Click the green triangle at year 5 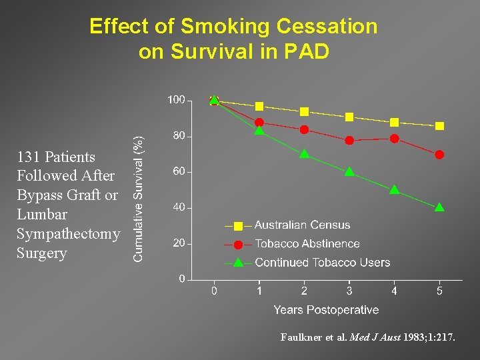point(439,207)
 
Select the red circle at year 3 point(349,140)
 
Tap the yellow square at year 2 point(304,111)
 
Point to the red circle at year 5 point(439,155)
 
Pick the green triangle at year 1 point(259,130)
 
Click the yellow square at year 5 point(439,126)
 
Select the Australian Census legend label point(302,225)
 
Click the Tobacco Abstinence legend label point(307,244)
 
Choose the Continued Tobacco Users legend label point(322,263)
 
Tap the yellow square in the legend point(238,226)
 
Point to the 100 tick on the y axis point(176,100)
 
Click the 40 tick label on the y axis point(179,207)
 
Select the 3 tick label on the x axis point(349,291)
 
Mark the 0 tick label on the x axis point(214,291)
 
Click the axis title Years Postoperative point(326,310)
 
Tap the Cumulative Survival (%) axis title point(138,190)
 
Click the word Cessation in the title point(326,27)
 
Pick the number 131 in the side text point(28,157)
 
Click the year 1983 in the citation point(413,338)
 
